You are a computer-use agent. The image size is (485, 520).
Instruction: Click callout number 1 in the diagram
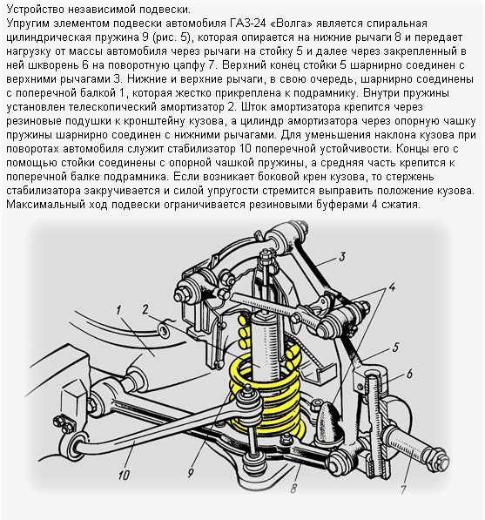(x=118, y=311)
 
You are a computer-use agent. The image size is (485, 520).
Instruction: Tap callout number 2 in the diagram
(x=145, y=309)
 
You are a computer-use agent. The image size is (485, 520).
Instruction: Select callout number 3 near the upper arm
(x=342, y=257)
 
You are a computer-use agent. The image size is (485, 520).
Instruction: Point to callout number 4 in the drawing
(x=393, y=287)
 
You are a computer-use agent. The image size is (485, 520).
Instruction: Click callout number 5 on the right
(x=395, y=348)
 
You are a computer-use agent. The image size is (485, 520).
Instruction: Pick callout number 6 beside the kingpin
(x=409, y=374)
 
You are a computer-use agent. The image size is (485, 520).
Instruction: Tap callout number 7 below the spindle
(x=403, y=490)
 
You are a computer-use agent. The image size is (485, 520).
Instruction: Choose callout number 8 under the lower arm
(x=293, y=488)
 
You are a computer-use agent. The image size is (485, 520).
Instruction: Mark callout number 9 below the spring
(x=191, y=473)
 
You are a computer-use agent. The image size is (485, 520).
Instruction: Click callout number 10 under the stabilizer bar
(x=124, y=476)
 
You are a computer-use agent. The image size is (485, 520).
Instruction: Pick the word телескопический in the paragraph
(x=114, y=107)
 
